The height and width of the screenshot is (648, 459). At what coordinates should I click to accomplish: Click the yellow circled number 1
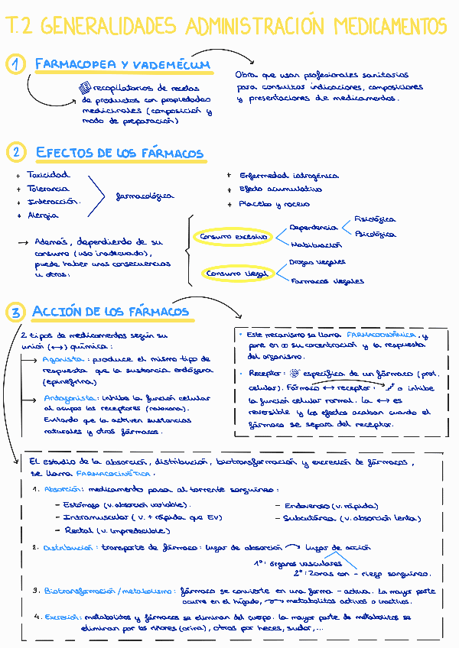[x=15, y=65]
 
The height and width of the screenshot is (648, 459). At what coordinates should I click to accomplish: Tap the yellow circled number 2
[x=15, y=152]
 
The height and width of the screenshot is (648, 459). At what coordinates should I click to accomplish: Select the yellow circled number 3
[x=15, y=312]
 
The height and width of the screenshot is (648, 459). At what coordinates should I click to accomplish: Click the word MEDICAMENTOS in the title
[x=389, y=28]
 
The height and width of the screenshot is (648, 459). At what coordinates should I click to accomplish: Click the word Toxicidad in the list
[x=47, y=175]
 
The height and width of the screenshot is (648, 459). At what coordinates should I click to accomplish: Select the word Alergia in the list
[x=43, y=215]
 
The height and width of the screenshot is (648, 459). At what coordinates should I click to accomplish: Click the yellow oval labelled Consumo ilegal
[x=235, y=273]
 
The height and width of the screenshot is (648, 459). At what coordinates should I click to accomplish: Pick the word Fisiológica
[x=375, y=219]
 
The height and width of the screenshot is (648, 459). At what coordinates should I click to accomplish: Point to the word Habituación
[x=316, y=245]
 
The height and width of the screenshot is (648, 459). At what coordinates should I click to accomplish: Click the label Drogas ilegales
[x=317, y=262]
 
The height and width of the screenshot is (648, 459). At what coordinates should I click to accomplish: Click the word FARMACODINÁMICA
[x=382, y=335]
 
